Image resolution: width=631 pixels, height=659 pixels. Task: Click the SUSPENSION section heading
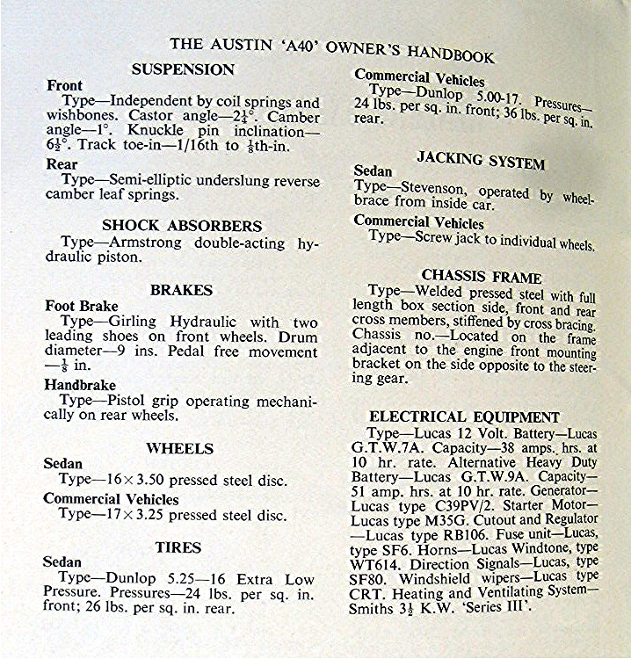[x=183, y=69]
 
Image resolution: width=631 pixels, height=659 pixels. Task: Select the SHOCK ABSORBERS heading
[x=182, y=225]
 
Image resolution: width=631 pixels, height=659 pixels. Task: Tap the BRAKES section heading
[x=181, y=289]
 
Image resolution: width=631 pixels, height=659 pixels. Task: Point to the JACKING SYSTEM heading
[x=480, y=161]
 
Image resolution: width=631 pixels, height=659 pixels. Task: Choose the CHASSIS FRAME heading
[x=481, y=276]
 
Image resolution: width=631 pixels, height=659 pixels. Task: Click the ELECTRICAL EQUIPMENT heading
[x=464, y=416]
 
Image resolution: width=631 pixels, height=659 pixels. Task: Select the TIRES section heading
[x=178, y=547]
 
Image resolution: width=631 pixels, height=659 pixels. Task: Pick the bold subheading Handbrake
[x=79, y=383]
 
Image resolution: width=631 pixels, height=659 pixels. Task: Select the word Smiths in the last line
[x=376, y=607]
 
